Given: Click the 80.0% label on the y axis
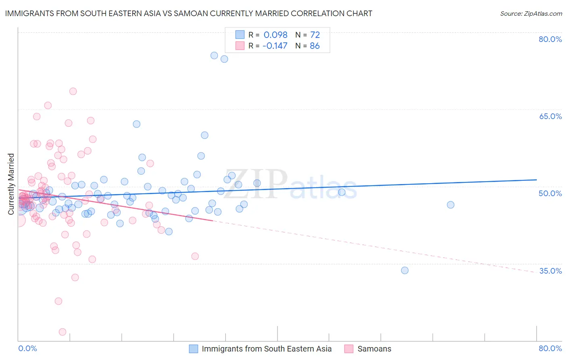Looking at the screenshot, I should click(x=550, y=39).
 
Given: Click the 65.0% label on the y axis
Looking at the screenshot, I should click(x=550, y=116).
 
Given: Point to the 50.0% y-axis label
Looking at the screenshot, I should click(x=550, y=193).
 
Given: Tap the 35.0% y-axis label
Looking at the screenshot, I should click(x=550, y=271).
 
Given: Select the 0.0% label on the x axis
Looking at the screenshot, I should click(x=27, y=348).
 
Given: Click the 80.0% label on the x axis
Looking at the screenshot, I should click(x=550, y=348).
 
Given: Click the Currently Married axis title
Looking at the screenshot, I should click(x=11, y=184).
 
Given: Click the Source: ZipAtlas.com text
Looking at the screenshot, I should click(x=531, y=13).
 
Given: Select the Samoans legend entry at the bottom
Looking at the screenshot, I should click(x=374, y=349).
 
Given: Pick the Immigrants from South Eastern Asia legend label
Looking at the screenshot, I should click(x=267, y=349).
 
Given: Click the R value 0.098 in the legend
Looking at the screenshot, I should click(x=275, y=35).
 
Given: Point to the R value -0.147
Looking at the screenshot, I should click(x=275, y=46).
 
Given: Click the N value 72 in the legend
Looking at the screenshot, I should click(x=315, y=35).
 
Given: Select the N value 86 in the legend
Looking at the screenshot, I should click(x=315, y=46).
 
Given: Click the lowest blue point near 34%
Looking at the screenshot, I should click(x=404, y=270).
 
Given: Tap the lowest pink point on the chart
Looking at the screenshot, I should click(x=63, y=332).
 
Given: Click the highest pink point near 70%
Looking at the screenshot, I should click(x=73, y=91).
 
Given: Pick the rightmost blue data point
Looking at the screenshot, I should click(x=450, y=205).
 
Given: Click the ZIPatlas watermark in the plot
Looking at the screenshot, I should click(x=290, y=184).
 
